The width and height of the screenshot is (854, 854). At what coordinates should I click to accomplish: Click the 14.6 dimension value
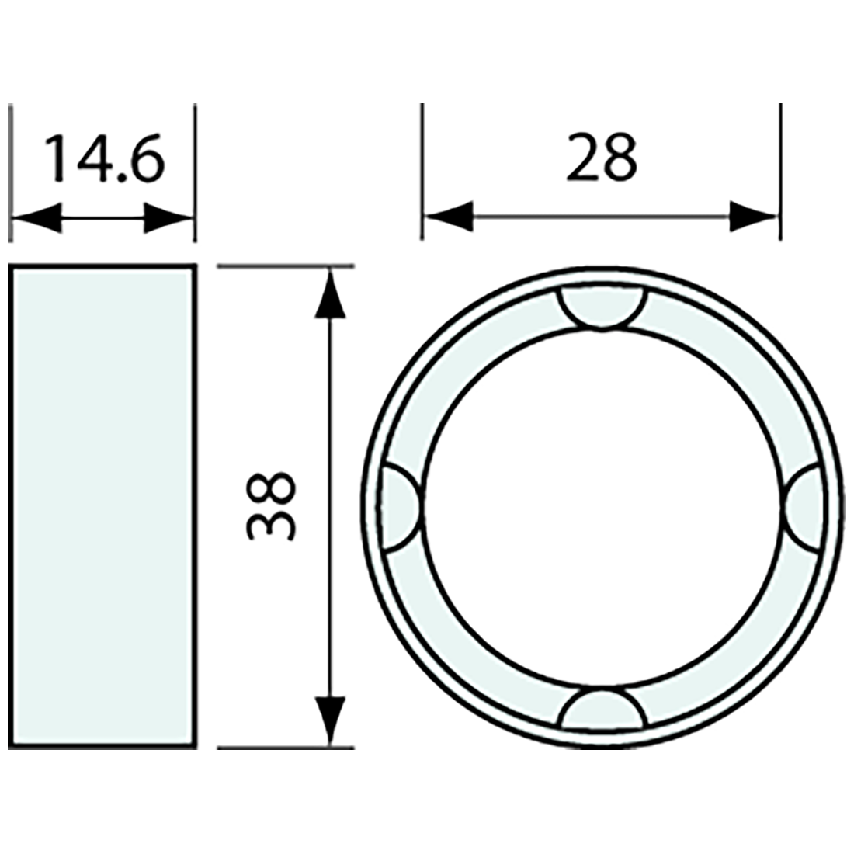(103, 159)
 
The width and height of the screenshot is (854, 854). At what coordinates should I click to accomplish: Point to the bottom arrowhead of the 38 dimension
(332, 720)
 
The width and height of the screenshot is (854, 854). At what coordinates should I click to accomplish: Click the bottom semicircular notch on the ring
(602, 710)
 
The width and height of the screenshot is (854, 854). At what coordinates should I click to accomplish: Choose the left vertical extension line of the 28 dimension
(422, 171)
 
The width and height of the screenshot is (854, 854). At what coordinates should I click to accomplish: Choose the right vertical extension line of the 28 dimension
(780, 171)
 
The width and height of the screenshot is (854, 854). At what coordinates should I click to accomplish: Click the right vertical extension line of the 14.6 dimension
(194, 171)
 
